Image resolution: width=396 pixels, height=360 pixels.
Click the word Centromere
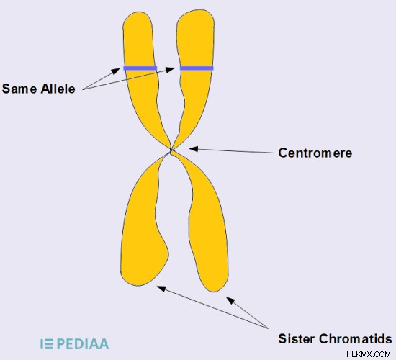point(315,153)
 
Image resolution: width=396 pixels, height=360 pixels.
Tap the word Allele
point(58,89)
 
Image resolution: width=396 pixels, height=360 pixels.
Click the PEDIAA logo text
point(83,344)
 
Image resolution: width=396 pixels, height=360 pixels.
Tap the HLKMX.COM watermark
point(369,354)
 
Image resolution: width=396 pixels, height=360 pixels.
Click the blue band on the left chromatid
point(140,68)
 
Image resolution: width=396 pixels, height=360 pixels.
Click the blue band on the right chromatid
point(197,68)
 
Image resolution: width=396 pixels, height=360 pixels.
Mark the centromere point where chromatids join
point(171,150)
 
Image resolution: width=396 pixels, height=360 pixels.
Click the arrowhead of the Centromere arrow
point(194,149)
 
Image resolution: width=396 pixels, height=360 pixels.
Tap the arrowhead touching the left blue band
point(116,71)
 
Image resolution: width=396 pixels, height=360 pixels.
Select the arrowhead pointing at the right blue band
point(170,69)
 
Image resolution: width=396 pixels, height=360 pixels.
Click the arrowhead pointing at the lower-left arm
point(161,288)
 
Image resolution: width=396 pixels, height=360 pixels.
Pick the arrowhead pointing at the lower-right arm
point(230,300)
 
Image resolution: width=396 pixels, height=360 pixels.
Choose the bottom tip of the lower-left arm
point(138,285)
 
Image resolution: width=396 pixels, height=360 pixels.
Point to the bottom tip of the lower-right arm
point(214,292)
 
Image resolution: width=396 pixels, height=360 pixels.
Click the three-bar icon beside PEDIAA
point(47,344)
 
